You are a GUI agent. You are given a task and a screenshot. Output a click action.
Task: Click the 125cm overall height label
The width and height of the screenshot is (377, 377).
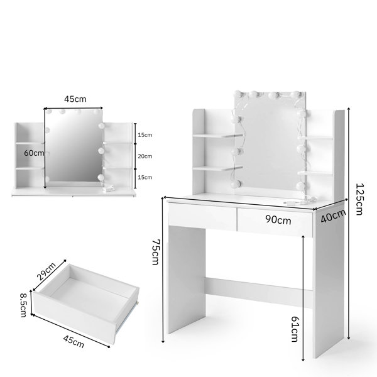(x=359, y=199)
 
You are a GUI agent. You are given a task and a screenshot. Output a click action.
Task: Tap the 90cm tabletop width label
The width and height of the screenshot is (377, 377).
(x=278, y=220)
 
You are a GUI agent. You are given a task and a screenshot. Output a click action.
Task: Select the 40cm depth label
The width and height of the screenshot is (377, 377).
(x=333, y=216)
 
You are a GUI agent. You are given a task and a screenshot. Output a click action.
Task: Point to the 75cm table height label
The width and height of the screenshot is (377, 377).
(x=156, y=251)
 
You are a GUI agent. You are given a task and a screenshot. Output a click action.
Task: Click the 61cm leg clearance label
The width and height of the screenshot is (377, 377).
(x=295, y=329)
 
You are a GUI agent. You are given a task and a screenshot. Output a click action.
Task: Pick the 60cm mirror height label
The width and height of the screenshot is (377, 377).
(x=34, y=153)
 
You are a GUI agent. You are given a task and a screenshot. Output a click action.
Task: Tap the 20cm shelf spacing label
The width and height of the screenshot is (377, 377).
(x=145, y=156)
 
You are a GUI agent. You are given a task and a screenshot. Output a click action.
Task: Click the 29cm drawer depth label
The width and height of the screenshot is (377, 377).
(x=46, y=271)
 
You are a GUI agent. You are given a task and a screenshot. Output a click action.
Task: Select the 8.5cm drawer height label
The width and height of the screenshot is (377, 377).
(x=23, y=305)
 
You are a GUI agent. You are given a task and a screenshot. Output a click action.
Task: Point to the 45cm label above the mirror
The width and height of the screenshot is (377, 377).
(x=75, y=99)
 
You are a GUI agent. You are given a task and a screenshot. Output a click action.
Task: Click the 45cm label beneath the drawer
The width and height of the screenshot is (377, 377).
(x=74, y=342)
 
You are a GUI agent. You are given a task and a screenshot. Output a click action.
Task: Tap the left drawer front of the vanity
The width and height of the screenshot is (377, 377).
(x=202, y=216)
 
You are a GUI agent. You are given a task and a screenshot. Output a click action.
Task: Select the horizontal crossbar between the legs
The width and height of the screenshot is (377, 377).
(x=259, y=292)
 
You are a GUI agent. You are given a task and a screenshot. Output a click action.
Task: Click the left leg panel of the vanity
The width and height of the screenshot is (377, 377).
(x=187, y=280)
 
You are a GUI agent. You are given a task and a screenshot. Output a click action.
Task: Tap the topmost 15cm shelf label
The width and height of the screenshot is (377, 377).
(x=145, y=135)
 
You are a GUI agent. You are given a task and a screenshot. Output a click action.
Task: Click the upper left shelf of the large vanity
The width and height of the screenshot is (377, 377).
(x=217, y=136)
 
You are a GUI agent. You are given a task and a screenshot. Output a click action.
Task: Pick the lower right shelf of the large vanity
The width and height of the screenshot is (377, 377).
(x=315, y=173)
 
